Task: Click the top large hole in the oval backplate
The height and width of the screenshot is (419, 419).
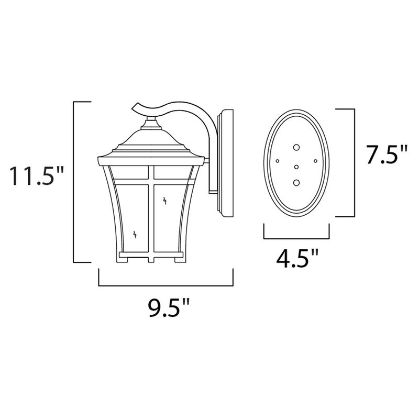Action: click(x=297, y=148)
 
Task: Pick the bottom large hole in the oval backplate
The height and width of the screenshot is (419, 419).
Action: click(x=297, y=183)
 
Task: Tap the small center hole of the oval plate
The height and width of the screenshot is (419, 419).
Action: click(x=297, y=167)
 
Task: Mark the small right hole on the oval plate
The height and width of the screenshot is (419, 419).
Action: click(x=315, y=161)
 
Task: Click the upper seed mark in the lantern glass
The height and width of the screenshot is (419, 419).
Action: click(x=166, y=200)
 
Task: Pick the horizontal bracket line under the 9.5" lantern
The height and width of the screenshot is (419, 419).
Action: click(x=166, y=286)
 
